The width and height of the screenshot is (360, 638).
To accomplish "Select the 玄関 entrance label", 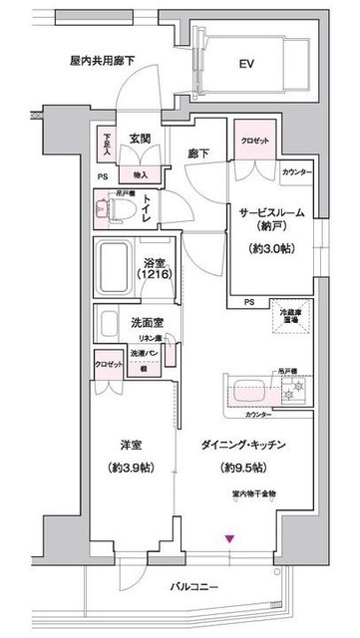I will pos(139,140).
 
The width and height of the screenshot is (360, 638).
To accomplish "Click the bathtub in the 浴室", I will pos(120,266).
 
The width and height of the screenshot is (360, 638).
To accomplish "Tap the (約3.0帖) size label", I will pos(272,248).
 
